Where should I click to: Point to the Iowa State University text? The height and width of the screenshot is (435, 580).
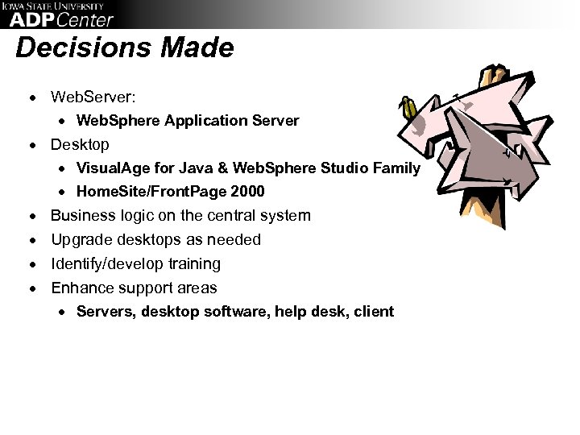tap(56, 6)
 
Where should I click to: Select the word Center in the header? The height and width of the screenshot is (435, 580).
tap(85, 19)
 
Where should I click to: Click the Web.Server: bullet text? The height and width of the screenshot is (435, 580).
tap(93, 97)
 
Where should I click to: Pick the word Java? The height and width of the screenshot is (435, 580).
tap(210, 168)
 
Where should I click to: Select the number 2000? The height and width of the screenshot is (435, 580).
tap(247, 193)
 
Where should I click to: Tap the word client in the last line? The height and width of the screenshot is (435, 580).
tap(374, 311)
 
